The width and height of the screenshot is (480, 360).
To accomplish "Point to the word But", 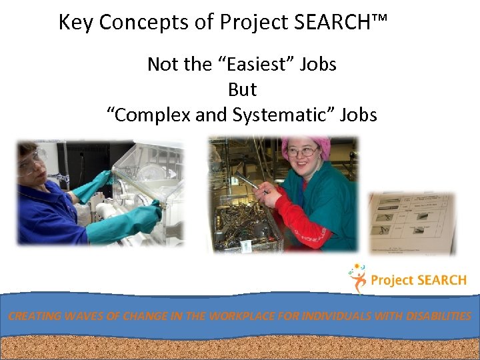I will coord(242,90).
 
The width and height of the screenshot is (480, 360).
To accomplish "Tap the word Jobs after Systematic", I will coord(358,115).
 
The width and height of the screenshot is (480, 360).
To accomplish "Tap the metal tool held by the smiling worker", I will coord(247,175).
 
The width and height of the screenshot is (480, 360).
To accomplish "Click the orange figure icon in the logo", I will coord(358,279).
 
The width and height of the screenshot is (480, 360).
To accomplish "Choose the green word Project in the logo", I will coord(392,281).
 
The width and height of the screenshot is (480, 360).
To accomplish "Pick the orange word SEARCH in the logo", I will coord(441,281).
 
